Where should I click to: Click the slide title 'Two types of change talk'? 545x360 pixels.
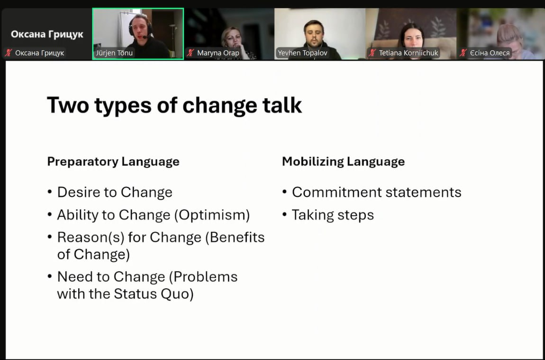[174, 105]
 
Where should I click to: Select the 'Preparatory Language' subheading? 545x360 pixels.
[113, 162]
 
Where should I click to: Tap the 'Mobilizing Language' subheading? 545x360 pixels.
[344, 162]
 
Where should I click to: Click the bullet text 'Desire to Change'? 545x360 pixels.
[115, 193]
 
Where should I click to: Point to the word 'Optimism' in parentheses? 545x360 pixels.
[212, 215]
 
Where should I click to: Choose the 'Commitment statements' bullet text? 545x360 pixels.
[377, 193]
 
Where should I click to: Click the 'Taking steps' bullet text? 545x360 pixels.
[333, 215]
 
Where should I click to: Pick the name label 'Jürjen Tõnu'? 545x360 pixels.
[114, 53]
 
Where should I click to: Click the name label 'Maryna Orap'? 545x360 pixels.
[218, 53]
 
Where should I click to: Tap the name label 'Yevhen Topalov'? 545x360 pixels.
[302, 53]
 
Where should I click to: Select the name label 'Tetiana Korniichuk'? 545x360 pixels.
[409, 53]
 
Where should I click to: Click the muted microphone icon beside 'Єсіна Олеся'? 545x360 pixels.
[463, 53]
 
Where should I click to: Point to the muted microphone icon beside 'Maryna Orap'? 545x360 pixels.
[190, 53]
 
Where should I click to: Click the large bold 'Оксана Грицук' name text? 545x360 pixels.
[47, 35]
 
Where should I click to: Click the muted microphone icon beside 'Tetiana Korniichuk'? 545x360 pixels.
[372, 53]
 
